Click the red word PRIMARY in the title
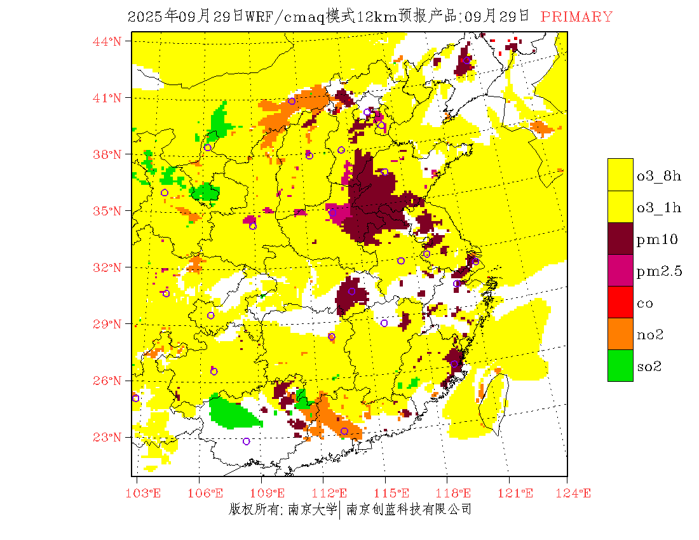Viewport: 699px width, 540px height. [576, 17]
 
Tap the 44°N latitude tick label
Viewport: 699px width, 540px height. [107, 41]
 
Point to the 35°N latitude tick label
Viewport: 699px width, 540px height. [107, 211]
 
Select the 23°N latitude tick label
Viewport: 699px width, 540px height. [107, 437]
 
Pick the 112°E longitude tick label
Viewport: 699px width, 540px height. [332, 493]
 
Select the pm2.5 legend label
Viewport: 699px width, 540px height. [659, 271]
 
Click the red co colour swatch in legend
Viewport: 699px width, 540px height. [620, 302]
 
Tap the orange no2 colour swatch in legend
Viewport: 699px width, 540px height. [620, 334]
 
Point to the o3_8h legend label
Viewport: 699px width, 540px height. [659, 176]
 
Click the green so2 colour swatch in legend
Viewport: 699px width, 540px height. [620, 365]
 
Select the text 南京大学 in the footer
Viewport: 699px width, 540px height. [312, 510]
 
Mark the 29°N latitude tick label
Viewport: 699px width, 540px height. [107, 324]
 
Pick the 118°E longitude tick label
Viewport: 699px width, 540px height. [457, 493]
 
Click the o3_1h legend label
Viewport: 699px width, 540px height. [659, 208]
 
